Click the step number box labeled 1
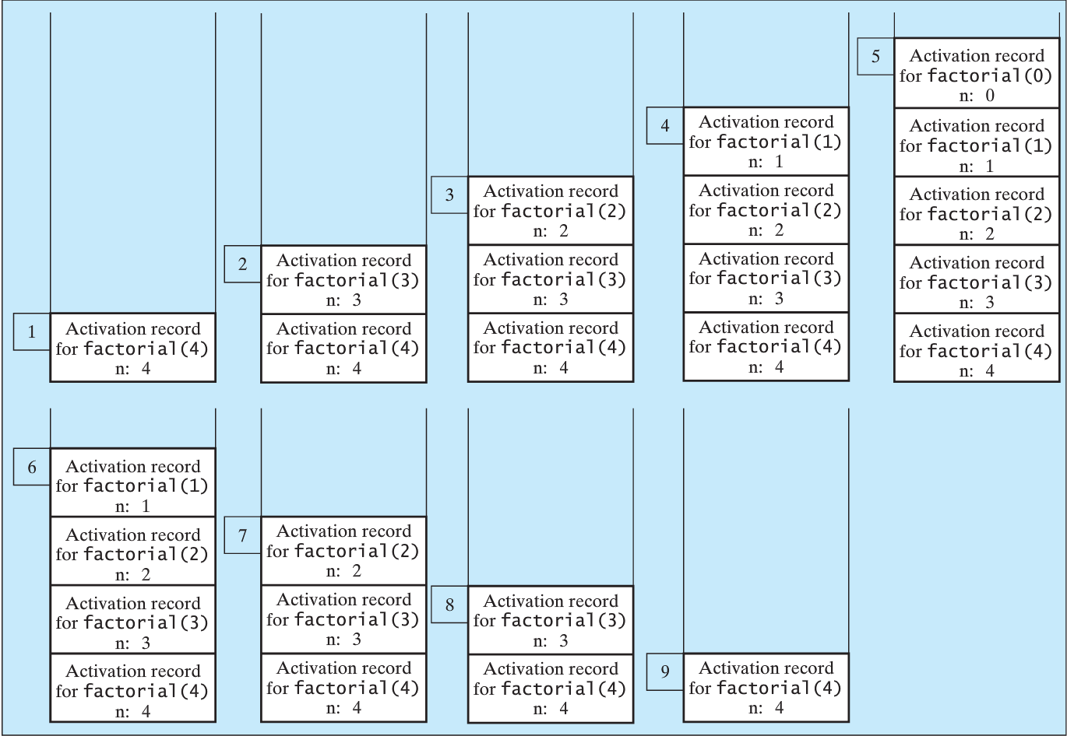[x=32, y=332]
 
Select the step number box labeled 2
[x=243, y=265]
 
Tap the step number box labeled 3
[x=449, y=195]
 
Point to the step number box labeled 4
[x=665, y=126]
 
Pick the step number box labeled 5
[x=876, y=57]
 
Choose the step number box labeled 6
[x=32, y=468]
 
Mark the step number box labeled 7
[x=243, y=536]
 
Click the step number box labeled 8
[x=449, y=605]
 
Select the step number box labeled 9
[x=665, y=671]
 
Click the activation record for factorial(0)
[x=977, y=75]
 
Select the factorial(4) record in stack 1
[x=132, y=348]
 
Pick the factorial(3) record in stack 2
[x=343, y=279]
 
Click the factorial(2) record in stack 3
[x=551, y=211]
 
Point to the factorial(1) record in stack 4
[x=766, y=142]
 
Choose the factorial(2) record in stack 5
[x=977, y=212]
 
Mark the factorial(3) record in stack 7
[x=343, y=619]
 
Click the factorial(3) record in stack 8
[x=551, y=620]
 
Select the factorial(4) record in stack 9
[x=766, y=688]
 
